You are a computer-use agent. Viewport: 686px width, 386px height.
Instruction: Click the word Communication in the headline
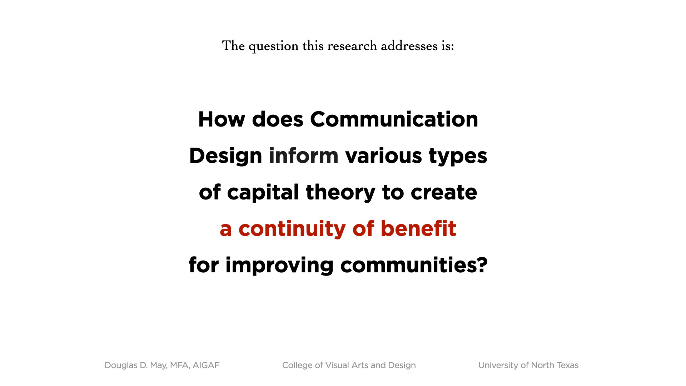[394, 119]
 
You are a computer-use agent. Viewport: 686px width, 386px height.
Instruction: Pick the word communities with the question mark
[414, 265]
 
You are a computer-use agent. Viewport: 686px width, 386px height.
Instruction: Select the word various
[384, 156]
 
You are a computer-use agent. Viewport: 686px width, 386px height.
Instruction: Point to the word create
[444, 193]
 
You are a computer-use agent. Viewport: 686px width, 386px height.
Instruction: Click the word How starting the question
[222, 119]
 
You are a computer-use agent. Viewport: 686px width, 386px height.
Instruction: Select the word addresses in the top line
[409, 46]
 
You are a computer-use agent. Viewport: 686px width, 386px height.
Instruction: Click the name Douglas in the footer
[121, 365]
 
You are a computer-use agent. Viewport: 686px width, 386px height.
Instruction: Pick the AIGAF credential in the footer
[206, 365]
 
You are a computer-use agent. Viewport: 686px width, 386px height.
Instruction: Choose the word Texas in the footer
[567, 365]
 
